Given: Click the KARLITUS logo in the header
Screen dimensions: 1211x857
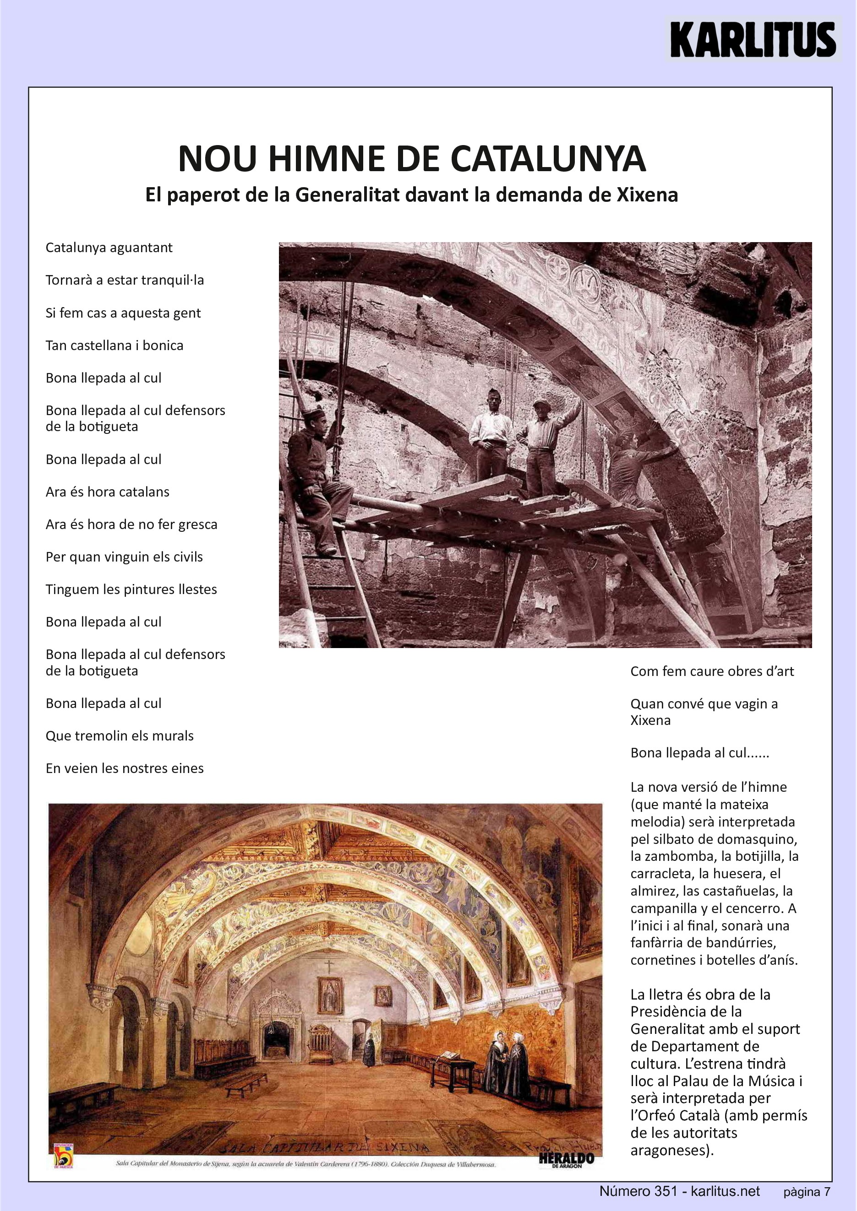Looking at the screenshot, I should pyautogui.click(x=753, y=39).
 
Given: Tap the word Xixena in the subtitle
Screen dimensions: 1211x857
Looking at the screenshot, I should pyautogui.click(x=647, y=195).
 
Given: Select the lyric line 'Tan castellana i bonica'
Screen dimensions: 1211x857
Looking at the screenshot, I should pyautogui.click(x=115, y=346).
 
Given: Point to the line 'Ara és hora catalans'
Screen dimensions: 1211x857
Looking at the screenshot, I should pyautogui.click(x=108, y=492).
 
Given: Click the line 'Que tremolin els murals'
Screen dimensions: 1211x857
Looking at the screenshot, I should pyautogui.click(x=120, y=736).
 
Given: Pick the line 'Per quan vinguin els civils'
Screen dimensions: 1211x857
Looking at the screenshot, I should pyautogui.click(x=124, y=557).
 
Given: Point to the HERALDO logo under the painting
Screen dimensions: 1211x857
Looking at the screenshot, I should pyautogui.click(x=566, y=1159).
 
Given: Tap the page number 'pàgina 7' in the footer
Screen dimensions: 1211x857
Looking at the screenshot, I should pyautogui.click(x=806, y=1191).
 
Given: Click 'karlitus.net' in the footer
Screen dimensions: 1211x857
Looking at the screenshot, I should pyautogui.click(x=725, y=1191).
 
